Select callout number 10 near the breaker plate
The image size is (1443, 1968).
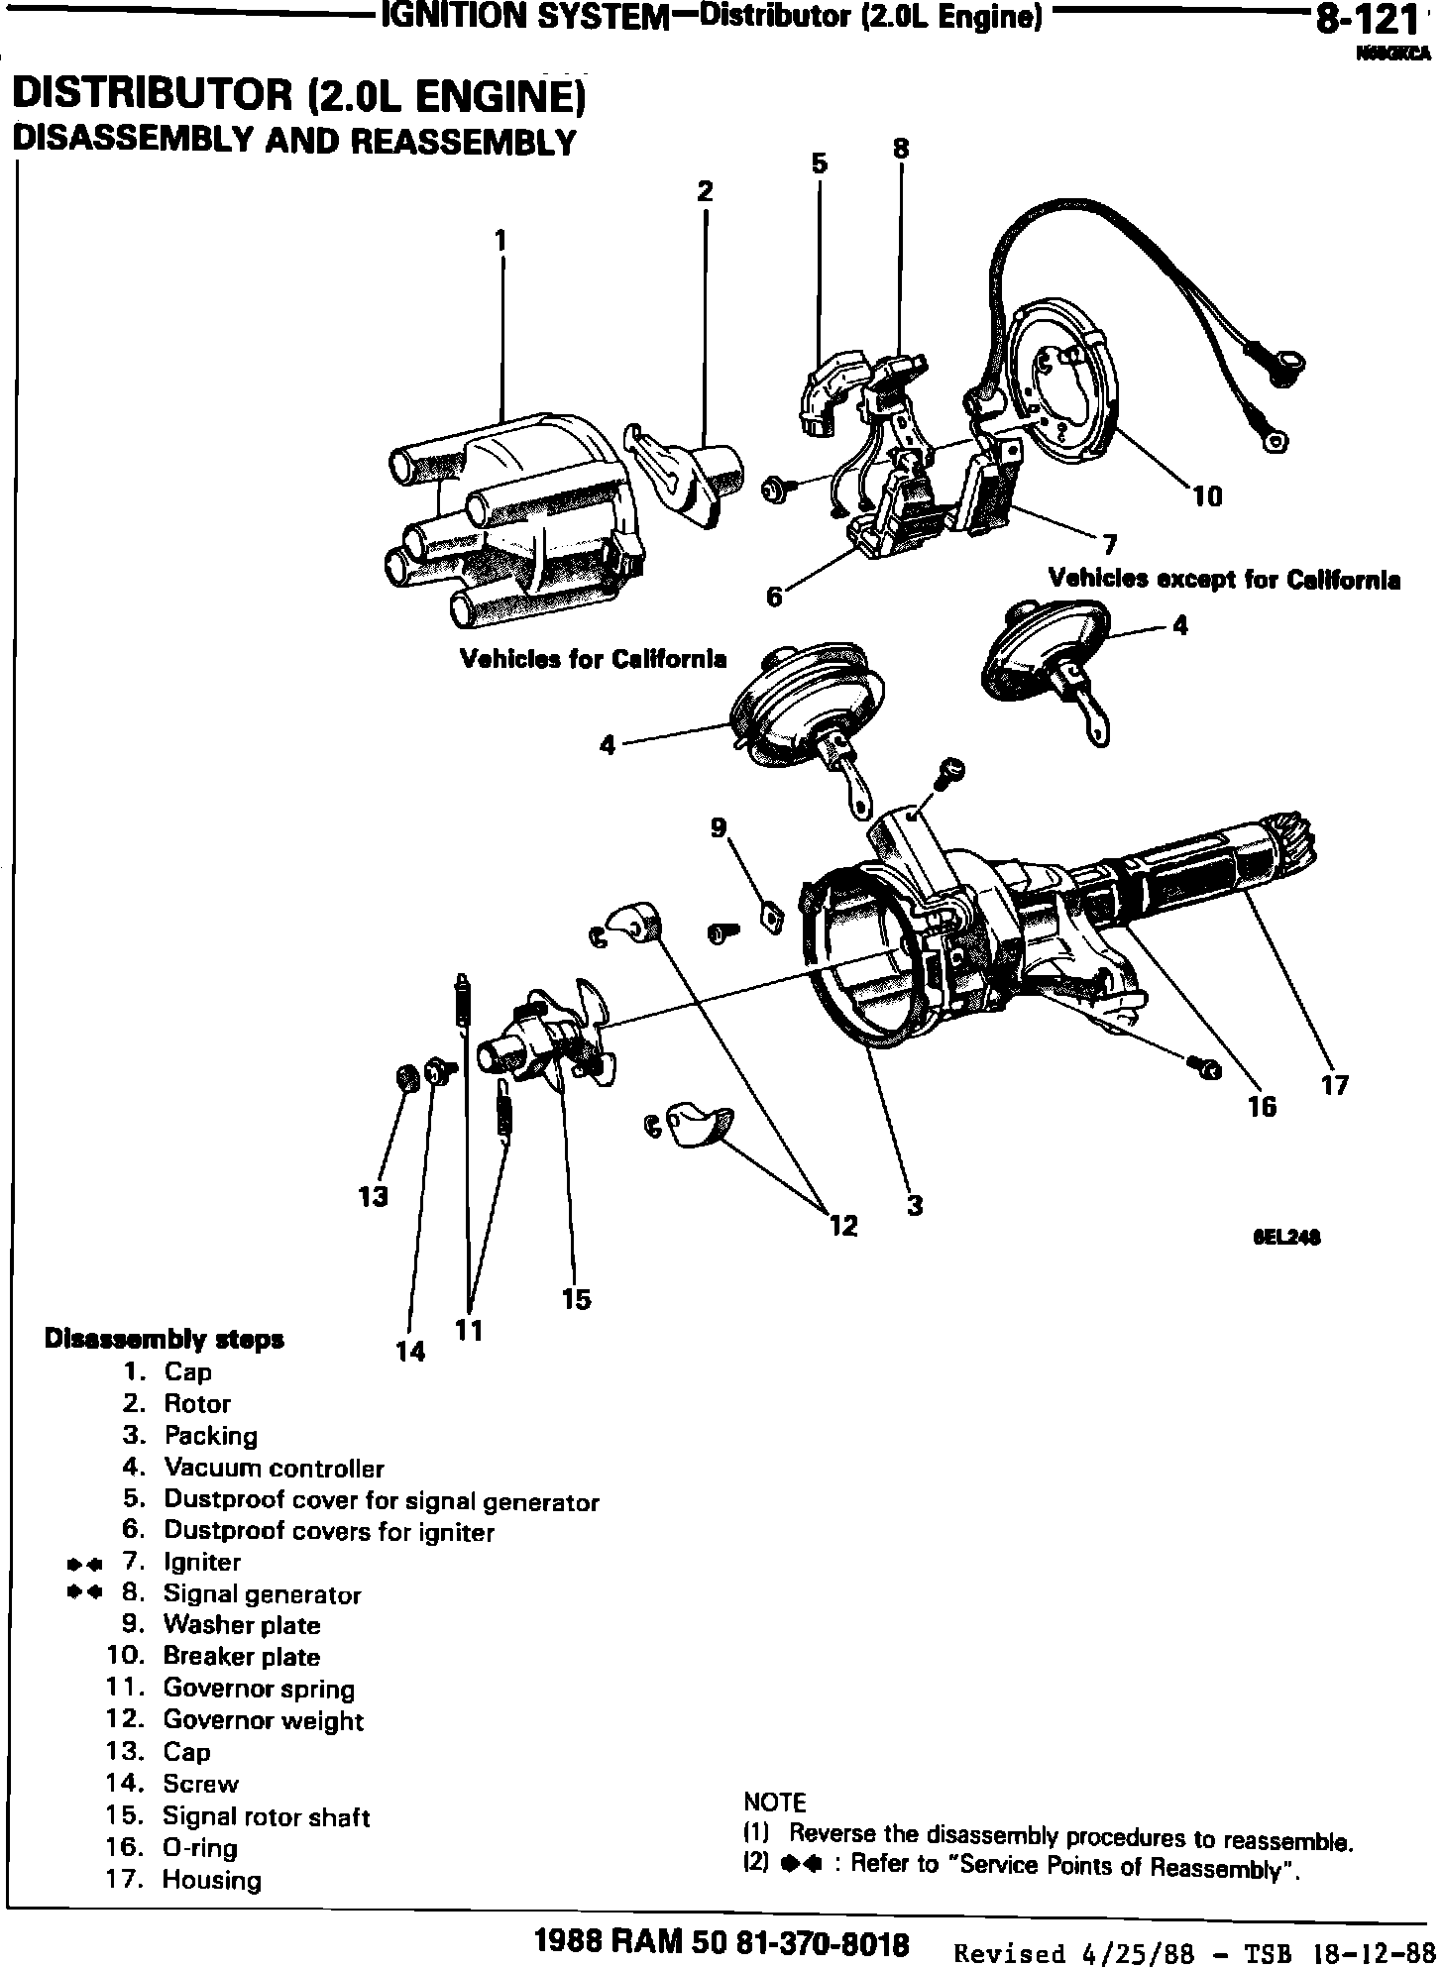pos(1207,495)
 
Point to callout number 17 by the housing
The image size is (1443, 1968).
pos(1335,1085)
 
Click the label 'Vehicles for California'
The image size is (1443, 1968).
pos(593,659)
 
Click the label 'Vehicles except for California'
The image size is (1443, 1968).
pos(1224,579)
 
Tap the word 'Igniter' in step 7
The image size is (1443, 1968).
pos(202,1562)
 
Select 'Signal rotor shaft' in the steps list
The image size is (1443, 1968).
pos(266,1816)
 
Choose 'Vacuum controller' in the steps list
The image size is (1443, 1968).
pos(274,1468)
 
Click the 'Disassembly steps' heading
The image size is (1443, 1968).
pos(165,1340)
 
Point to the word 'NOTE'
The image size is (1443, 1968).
pos(774,1802)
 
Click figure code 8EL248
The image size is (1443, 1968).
pos(1287,1237)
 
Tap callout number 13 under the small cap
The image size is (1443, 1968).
pos(374,1197)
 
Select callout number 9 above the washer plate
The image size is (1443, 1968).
pos(719,826)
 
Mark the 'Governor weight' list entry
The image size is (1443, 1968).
pos(263,1720)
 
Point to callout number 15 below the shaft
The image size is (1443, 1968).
pos(576,1298)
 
